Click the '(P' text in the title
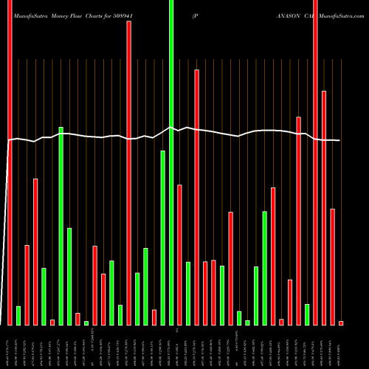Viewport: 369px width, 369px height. tap(195, 14)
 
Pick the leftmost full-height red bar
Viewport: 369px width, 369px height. tap(10, 162)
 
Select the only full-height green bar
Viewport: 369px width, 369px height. tap(171, 162)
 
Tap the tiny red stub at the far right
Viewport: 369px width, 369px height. tap(341, 323)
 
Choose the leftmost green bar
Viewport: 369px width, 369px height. tap(18, 315)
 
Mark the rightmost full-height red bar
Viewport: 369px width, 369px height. tap(315, 162)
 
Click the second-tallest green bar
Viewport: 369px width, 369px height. tap(61, 226)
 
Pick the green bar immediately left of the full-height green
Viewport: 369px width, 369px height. tap(162, 238)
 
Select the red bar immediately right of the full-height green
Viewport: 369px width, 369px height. tap(179, 255)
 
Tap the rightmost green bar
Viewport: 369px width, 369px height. tap(306, 314)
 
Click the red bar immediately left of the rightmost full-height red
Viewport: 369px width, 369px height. tap(298, 221)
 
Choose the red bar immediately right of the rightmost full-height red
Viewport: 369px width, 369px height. tap(324, 207)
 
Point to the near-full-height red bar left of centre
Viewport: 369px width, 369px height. tap(128, 173)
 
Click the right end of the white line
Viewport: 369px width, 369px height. tap(339, 140)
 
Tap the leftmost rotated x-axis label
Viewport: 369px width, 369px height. tap(10, 348)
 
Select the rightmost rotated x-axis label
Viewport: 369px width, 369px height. tap(341, 348)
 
